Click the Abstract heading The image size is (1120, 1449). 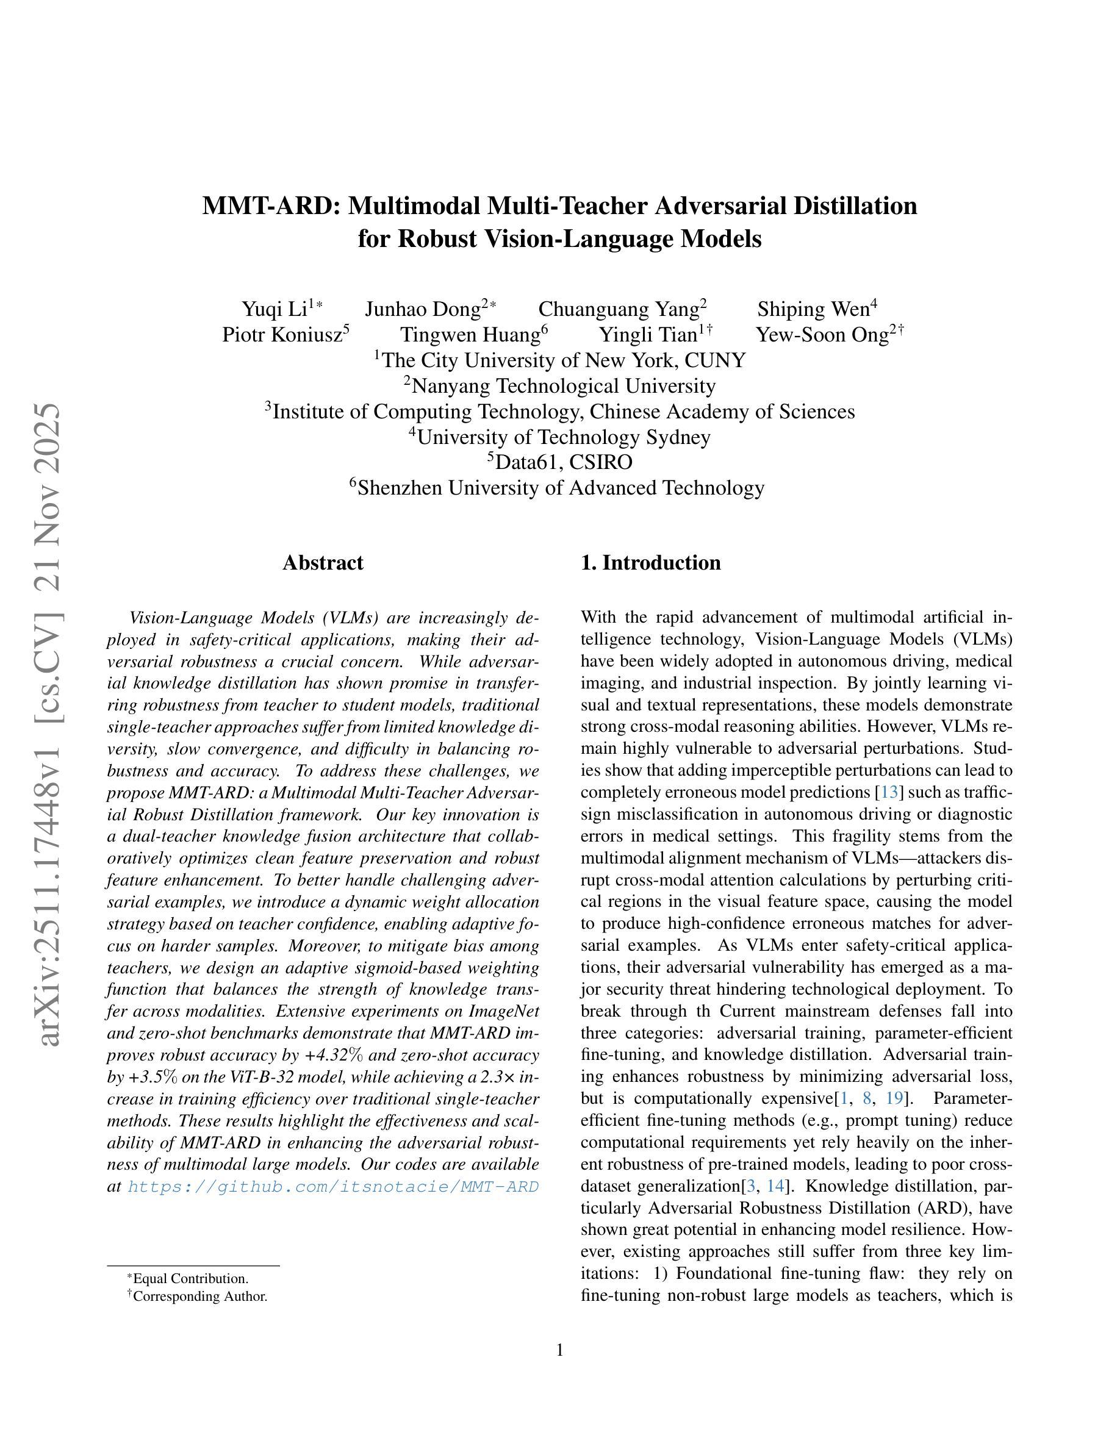pyautogui.click(x=323, y=563)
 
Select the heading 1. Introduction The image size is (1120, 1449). pyautogui.click(x=650, y=563)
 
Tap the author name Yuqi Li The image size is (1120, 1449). pyautogui.click(x=274, y=309)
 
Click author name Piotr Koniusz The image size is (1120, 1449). pyautogui.click(x=281, y=334)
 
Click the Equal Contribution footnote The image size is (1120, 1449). pyautogui.click(x=190, y=1278)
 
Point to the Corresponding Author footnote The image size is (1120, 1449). pyautogui.click(x=199, y=1296)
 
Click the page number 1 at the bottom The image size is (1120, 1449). pyautogui.click(x=559, y=1350)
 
